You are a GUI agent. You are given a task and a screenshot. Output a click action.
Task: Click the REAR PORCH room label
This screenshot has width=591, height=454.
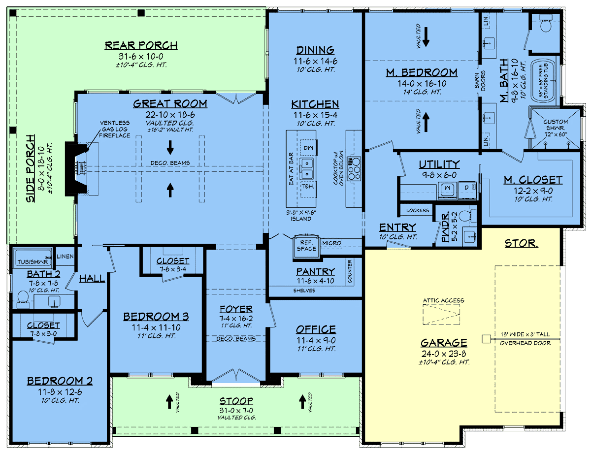[x=141, y=45]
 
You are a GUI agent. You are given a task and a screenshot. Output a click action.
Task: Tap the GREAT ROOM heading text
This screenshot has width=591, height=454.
[x=170, y=104]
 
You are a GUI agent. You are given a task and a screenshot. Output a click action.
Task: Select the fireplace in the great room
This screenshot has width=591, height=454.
[x=77, y=168]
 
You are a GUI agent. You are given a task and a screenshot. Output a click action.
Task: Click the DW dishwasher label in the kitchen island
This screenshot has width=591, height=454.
[x=308, y=148]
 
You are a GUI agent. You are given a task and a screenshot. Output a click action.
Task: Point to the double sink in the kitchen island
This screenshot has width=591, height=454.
[x=307, y=168]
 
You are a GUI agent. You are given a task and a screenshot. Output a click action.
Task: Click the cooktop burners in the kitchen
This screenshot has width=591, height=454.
[x=354, y=168]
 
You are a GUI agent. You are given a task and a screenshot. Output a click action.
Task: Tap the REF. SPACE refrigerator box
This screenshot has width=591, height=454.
[x=306, y=246]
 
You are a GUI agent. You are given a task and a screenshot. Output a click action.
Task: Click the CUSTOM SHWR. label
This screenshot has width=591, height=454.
[x=556, y=125]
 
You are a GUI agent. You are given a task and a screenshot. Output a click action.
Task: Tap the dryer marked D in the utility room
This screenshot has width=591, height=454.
[x=467, y=189]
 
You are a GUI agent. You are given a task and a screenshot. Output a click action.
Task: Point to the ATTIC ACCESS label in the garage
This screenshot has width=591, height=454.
[x=444, y=300]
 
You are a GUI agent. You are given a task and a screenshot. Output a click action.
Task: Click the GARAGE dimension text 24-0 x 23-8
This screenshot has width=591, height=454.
[x=444, y=354]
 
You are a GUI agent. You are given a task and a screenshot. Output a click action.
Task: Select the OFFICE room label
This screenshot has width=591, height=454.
[x=316, y=329]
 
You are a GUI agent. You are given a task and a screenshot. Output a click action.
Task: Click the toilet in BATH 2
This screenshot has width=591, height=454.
[x=23, y=299]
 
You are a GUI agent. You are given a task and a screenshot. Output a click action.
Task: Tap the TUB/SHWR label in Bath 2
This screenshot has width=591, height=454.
[x=33, y=262]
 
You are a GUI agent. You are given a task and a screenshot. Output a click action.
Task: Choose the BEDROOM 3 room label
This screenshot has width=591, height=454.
[x=156, y=317]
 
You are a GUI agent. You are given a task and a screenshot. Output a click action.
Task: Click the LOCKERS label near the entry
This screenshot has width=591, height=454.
[x=418, y=210]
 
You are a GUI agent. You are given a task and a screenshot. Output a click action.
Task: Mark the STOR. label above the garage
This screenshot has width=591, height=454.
[x=521, y=243]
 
